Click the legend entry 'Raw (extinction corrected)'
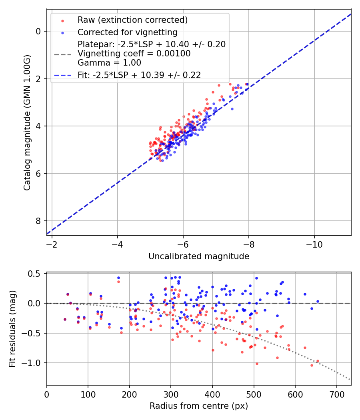click(x=132, y=20)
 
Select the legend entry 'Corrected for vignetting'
click(x=128, y=32)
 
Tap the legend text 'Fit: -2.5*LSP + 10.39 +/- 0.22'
click(x=139, y=75)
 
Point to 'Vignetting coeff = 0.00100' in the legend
click(x=134, y=54)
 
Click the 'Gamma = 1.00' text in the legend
click(x=109, y=63)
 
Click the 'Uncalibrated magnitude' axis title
click(x=199, y=256)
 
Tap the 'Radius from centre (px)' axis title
click(x=199, y=406)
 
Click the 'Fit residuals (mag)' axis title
click(x=12, y=329)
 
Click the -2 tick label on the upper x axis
click(x=52, y=244)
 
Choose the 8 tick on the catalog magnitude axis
click(x=38, y=221)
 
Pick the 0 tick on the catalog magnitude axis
click(x=38, y=31)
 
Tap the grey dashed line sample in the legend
click(x=62, y=54)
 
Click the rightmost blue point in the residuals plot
click(x=318, y=301)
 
